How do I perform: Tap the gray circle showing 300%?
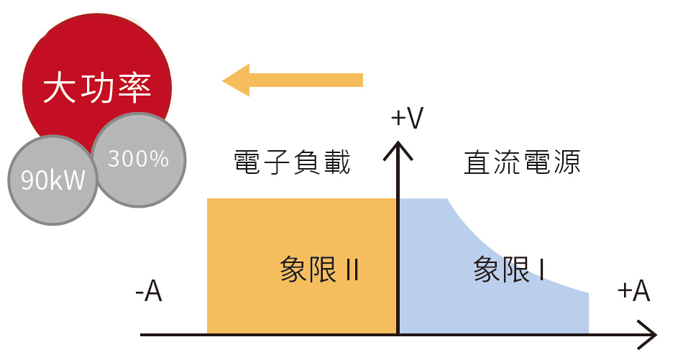[x=139, y=160]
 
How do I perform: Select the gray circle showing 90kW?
[x=52, y=180]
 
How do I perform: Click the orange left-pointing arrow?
[x=293, y=80]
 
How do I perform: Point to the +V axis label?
[x=407, y=118]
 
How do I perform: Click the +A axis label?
[x=633, y=290]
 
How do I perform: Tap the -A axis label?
[x=149, y=290]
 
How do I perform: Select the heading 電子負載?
[x=292, y=162]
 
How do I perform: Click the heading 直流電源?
[x=522, y=162]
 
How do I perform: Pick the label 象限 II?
[x=319, y=269]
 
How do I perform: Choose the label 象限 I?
[x=509, y=269]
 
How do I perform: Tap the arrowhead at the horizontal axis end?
[x=647, y=335]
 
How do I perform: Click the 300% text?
[x=139, y=158]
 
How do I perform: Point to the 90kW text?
[x=52, y=180]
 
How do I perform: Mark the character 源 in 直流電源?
[x=567, y=162]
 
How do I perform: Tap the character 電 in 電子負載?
[x=247, y=162]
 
